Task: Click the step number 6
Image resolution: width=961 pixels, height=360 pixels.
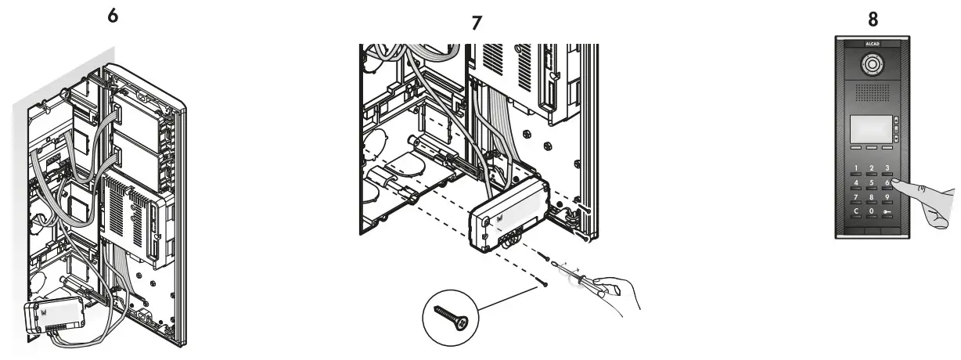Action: (x=113, y=16)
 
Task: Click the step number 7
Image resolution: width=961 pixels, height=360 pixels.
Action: (x=477, y=23)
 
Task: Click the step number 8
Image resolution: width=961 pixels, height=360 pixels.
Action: (x=873, y=16)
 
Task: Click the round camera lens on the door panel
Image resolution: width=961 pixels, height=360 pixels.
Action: (x=872, y=67)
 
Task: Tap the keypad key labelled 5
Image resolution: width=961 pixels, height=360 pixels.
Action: (x=872, y=185)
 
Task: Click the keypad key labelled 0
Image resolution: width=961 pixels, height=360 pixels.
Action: (x=872, y=213)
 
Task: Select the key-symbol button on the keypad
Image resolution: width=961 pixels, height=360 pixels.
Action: (x=887, y=213)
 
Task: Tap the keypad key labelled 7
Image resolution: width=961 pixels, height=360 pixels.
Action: (x=857, y=199)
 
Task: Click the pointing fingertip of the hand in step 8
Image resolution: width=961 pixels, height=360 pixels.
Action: (x=894, y=183)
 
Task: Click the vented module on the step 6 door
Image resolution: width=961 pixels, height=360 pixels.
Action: (x=131, y=218)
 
